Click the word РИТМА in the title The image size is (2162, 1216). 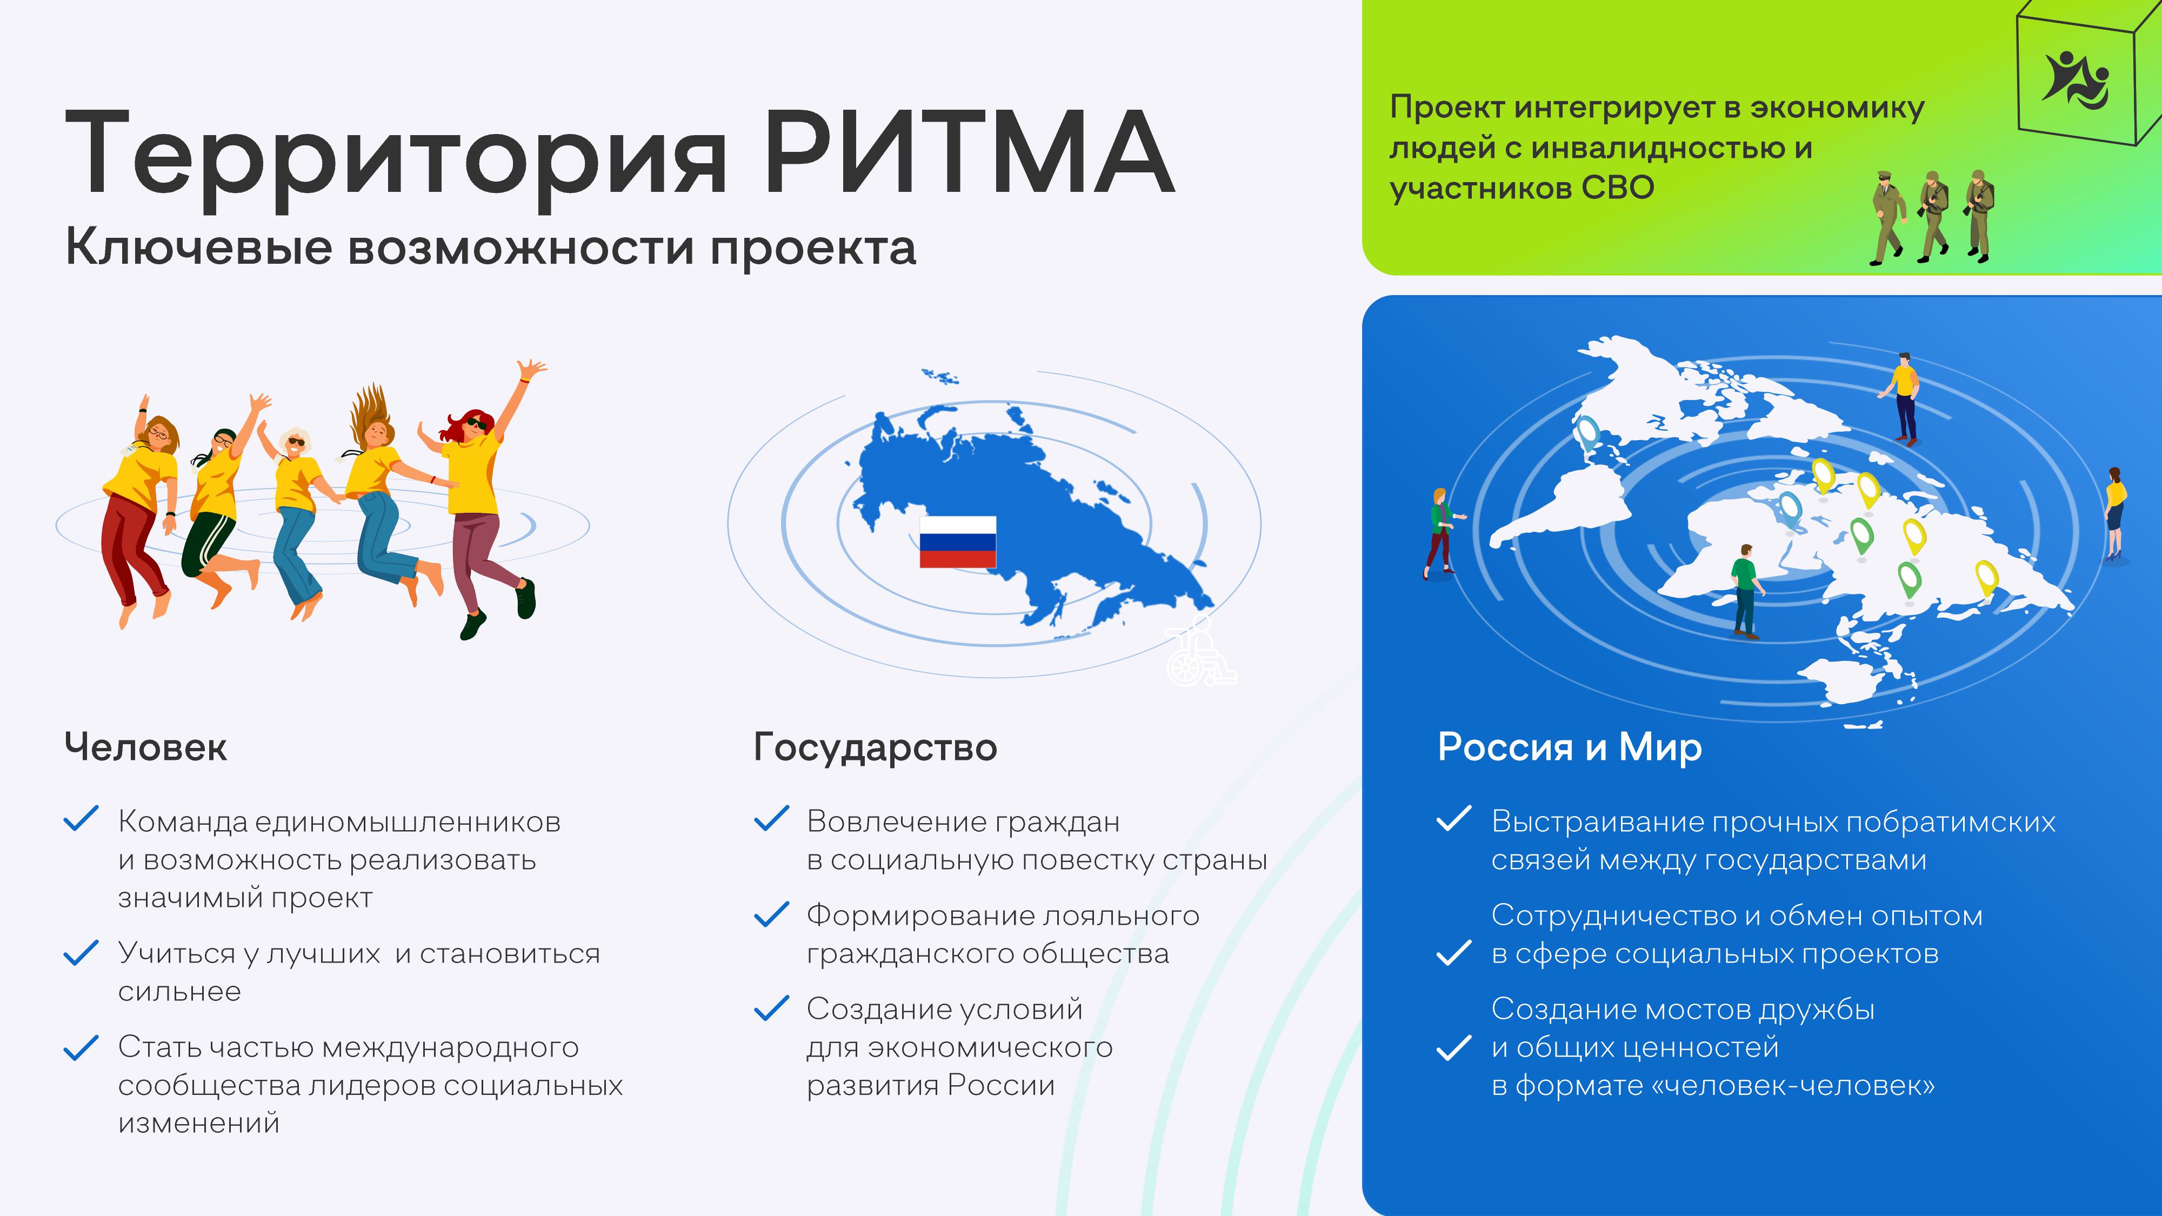pos(969,153)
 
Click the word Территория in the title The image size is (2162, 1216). pos(395,159)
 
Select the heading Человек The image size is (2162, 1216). pos(146,747)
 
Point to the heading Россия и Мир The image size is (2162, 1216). pos(1570,747)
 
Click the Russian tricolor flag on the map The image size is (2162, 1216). pos(958,542)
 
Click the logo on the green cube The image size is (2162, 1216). pos(2075,81)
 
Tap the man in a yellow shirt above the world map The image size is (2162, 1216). pos(1904,399)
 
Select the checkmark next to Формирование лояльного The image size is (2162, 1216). pos(771,915)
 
